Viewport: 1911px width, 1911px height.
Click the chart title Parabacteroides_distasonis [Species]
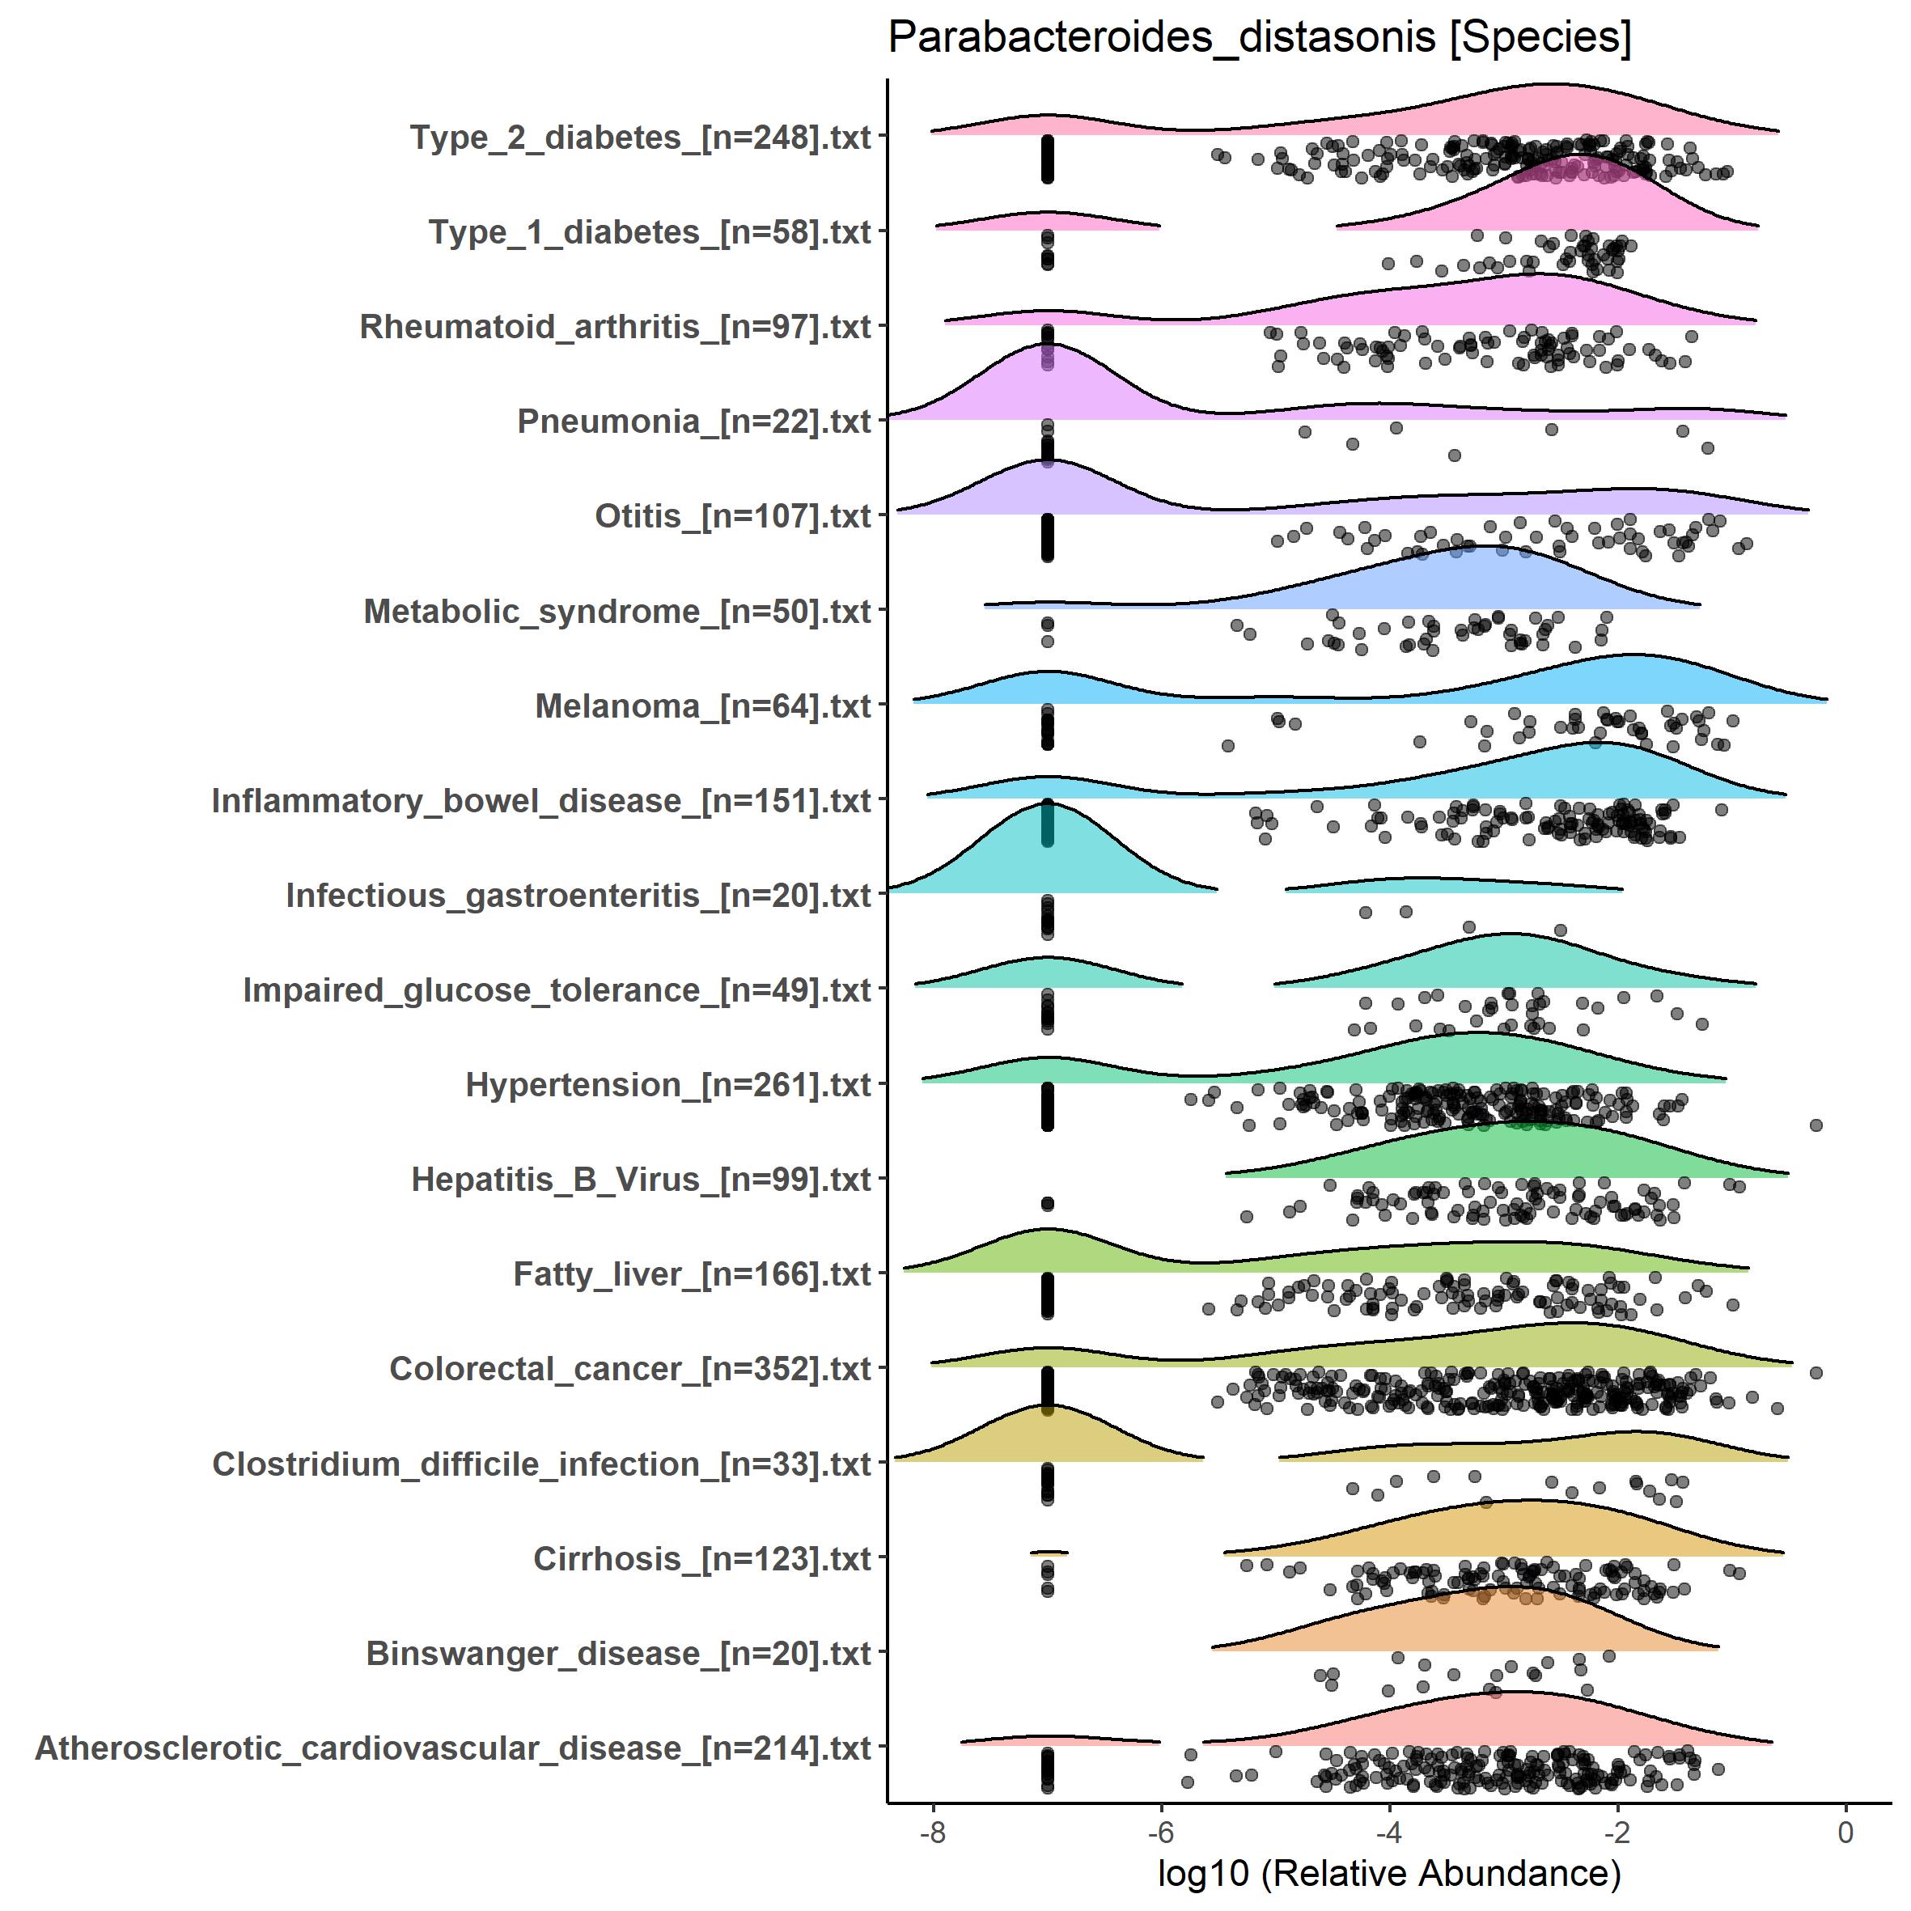pyautogui.click(x=1259, y=37)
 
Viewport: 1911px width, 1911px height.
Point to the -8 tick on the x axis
pyautogui.click(x=933, y=1833)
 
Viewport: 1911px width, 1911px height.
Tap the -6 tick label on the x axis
pyautogui.click(x=1160, y=1833)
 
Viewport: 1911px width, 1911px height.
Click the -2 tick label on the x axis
pyautogui.click(x=1617, y=1833)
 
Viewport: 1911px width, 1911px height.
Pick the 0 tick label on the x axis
pyautogui.click(x=1845, y=1833)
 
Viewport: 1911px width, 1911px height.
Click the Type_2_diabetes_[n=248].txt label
pyautogui.click(x=640, y=138)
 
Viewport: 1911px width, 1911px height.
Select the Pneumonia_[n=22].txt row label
pyautogui.click(x=693, y=422)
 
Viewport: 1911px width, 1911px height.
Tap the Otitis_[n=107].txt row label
pyautogui.click(x=732, y=516)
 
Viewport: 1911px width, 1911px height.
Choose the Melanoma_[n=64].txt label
pyautogui.click(x=702, y=706)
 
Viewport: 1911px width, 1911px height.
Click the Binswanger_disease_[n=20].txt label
pyautogui.click(x=618, y=1653)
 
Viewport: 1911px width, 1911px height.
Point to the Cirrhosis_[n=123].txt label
pyautogui.click(x=701, y=1559)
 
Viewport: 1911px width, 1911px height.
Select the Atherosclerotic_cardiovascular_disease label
pyautogui.click(x=453, y=1748)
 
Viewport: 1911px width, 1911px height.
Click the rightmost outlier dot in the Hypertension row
pyautogui.click(x=1816, y=1125)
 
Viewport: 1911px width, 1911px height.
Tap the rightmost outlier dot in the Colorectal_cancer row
pyautogui.click(x=1816, y=1372)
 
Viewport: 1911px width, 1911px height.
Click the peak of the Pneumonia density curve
pyautogui.click(x=1046, y=345)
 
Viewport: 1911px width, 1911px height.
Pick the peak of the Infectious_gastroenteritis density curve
pyautogui.click(x=1046, y=804)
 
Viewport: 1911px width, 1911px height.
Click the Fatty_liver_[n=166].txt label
pyautogui.click(x=692, y=1274)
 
